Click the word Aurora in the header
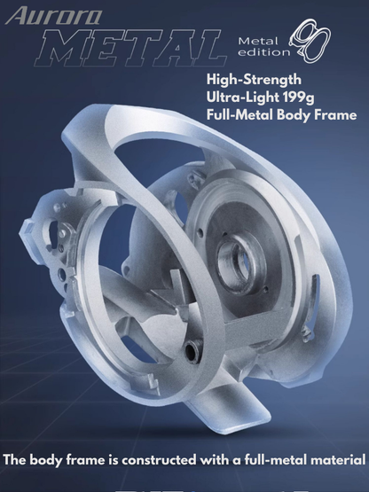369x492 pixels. [54, 16]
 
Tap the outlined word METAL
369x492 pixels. [130, 47]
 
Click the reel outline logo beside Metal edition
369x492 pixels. [310, 40]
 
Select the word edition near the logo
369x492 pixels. [263, 52]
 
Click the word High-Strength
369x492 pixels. [254, 80]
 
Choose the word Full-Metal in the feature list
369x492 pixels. [239, 115]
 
